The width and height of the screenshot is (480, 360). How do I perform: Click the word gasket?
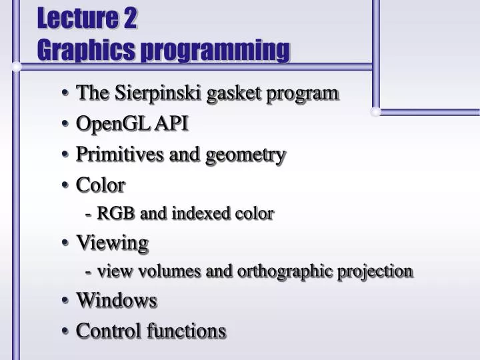(235, 94)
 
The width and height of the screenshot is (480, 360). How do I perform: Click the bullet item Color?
(101, 184)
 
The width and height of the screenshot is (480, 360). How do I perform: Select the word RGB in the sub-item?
(117, 213)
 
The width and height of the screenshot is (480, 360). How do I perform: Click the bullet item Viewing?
(112, 243)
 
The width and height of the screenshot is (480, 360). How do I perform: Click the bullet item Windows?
(117, 301)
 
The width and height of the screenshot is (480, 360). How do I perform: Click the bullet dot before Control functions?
(67, 331)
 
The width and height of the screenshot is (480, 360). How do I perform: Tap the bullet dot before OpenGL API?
(67, 124)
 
